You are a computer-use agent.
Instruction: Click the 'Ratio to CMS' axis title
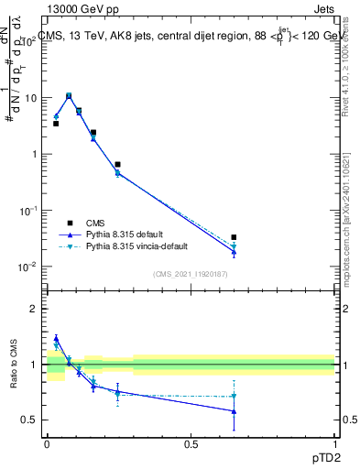tap(14, 364)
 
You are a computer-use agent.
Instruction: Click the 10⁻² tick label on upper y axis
tap(29, 267)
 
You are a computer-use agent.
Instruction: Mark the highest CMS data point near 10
tap(69, 95)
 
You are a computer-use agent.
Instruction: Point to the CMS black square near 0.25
tap(117, 165)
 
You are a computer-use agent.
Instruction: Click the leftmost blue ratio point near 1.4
tap(56, 338)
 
